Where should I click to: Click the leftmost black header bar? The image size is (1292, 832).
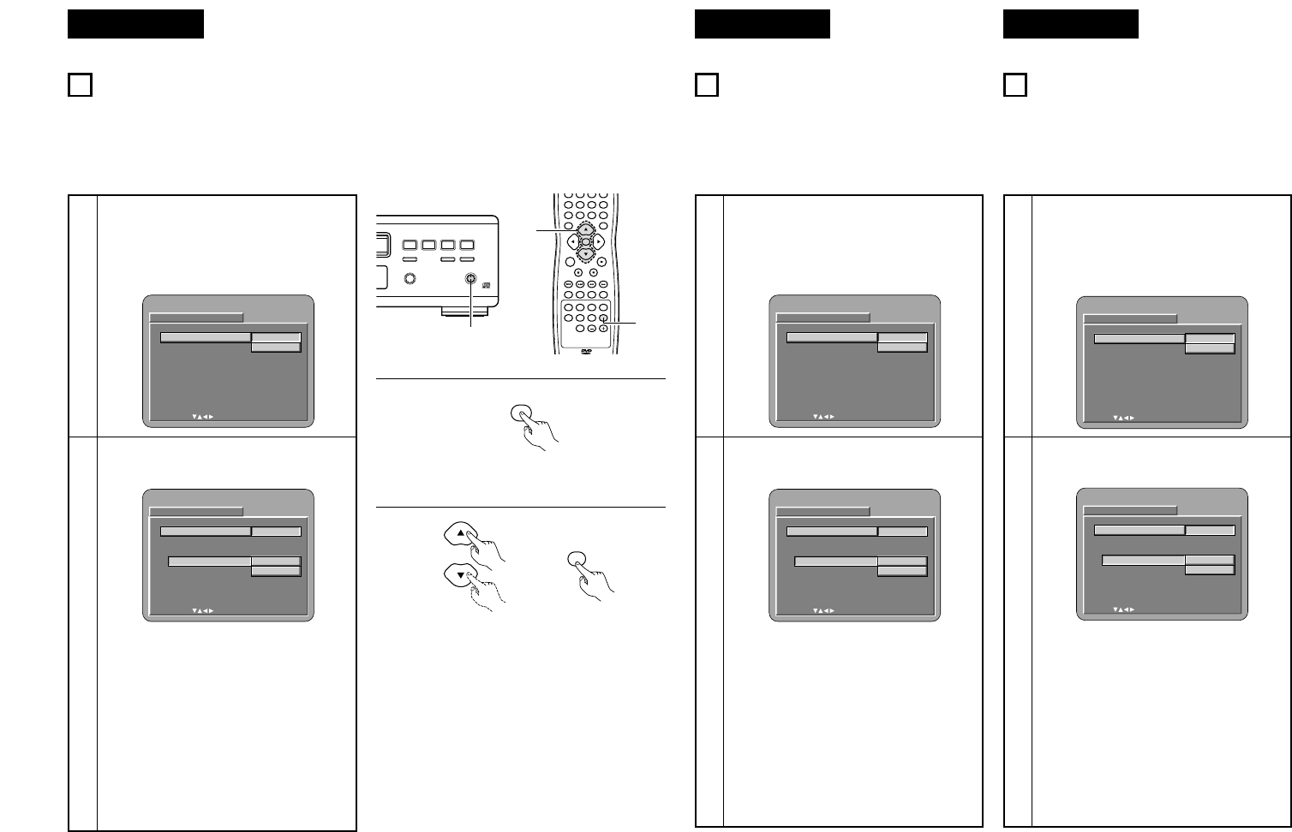coord(135,24)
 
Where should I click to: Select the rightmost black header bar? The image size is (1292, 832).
coord(1070,24)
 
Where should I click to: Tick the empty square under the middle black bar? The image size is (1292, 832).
coord(706,86)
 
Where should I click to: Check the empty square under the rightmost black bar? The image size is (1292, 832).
coord(1014,86)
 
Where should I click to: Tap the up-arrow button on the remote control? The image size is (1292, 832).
coord(585,229)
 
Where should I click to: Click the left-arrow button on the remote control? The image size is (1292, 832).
coord(572,241)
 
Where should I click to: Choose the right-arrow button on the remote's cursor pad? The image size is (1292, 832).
coord(598,241)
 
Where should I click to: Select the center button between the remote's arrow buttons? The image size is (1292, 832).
coord(585,241)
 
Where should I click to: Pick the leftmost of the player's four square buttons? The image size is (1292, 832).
coord(410,245)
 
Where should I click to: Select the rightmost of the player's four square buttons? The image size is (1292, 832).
coord(467,245)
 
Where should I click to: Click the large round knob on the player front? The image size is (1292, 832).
coord(410,279)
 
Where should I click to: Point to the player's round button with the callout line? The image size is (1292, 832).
coord(470,278)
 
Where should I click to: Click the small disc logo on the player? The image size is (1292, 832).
coord(487,287)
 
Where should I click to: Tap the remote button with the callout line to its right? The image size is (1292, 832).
coord(603,320)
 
